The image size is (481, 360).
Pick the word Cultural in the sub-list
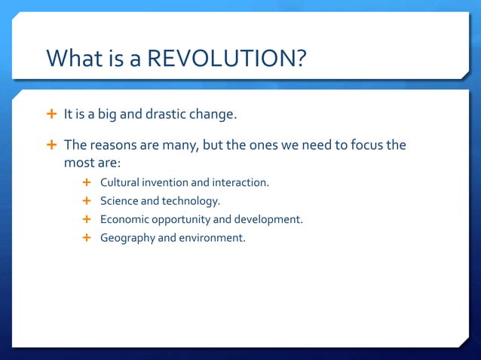pos(120,182)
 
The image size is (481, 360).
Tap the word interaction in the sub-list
pos(240,182)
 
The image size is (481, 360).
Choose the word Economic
pos(124,219)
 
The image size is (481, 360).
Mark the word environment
pos(212,238)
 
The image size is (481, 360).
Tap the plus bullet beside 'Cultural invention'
pos(87,182)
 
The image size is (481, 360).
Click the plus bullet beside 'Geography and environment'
pos(87,238)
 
